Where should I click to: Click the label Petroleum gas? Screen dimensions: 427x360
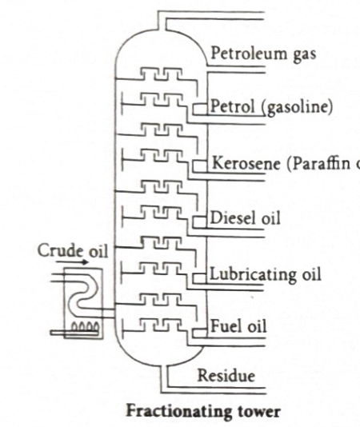(264, 54)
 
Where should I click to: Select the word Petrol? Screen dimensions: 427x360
(232, 106)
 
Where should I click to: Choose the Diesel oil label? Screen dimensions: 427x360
(246, 218)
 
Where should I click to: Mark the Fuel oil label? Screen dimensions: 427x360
(239, 326)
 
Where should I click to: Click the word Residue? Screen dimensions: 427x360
(228, 375)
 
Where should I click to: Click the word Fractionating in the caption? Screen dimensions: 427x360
(164, 414)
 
